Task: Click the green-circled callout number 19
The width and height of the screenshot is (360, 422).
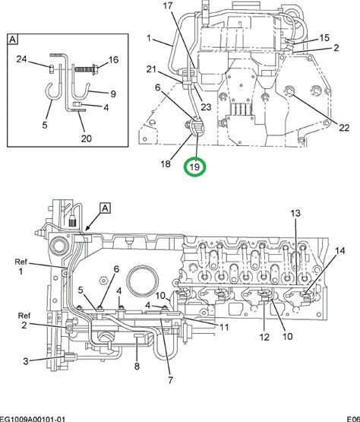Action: click(x=194, y=167)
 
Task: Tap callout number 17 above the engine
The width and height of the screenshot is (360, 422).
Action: click(x=168, y=5)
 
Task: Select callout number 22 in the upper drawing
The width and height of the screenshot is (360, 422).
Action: click(x=343, y=128)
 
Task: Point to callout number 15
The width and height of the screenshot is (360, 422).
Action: click(x=324, y=38)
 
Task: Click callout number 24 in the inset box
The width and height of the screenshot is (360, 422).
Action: click(x=21, y=59)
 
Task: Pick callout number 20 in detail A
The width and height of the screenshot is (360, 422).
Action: click(x=86, y=138)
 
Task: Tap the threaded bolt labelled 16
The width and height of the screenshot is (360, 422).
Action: click(x=87, y=69)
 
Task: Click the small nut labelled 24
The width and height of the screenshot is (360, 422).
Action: click(x=52, y=69)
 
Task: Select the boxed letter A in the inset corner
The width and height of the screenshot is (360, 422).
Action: click(x=12, y=40)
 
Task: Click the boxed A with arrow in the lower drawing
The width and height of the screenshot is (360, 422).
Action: click(x=106, y=208)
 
